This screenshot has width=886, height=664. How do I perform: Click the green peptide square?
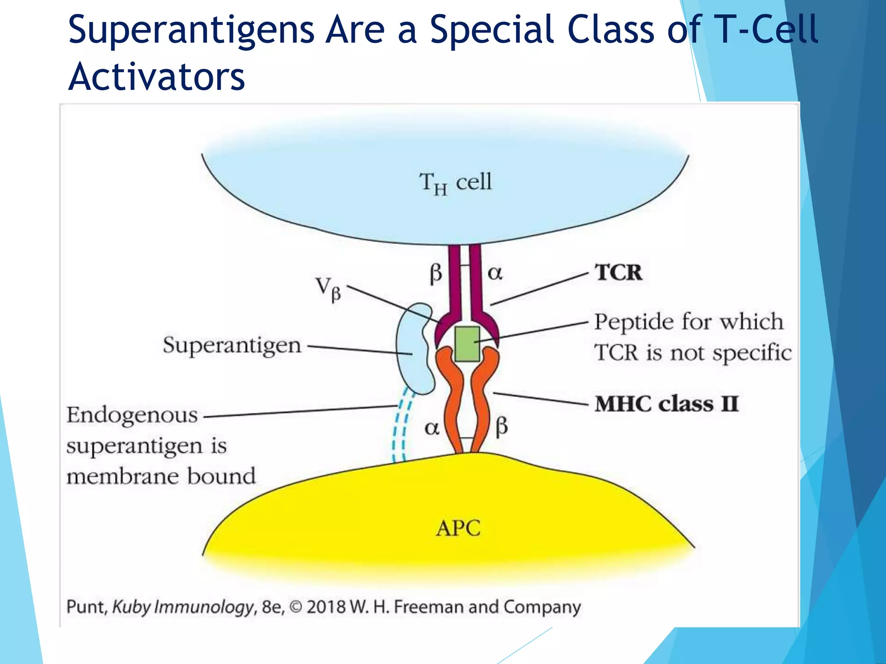point(467,344)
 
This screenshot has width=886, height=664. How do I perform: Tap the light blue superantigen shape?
point(413,350)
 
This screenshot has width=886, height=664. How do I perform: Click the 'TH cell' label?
point(456,182)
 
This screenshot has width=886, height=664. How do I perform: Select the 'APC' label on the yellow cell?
point(458,528)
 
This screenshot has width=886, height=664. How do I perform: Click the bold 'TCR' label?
point(618,272)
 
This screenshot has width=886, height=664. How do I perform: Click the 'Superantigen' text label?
point(232,345)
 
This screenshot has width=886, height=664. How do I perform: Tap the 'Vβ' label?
point(328,288)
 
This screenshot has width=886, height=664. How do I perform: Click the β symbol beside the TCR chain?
point(436,273)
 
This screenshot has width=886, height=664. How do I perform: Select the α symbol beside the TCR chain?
point(495,273)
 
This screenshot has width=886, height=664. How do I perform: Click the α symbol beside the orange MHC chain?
point(432,428)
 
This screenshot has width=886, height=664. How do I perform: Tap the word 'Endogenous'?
point(132,415)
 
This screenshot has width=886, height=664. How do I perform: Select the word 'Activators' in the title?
point(157,77)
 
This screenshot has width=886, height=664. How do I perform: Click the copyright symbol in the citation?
point(295,607)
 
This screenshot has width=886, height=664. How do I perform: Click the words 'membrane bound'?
point(161,476)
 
